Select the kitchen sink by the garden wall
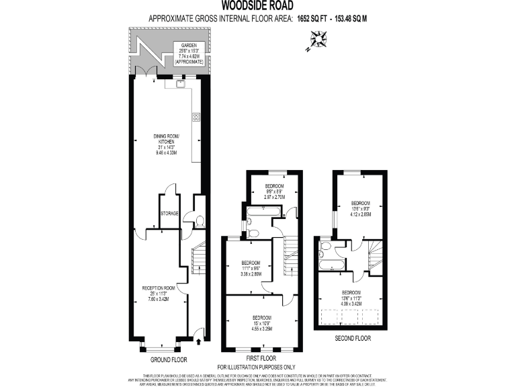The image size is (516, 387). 181,85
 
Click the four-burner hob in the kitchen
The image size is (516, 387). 196,117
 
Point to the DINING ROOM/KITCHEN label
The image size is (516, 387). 165,144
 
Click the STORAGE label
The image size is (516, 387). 169,214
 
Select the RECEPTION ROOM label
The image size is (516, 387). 159,294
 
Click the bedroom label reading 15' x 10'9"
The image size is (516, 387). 262,322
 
